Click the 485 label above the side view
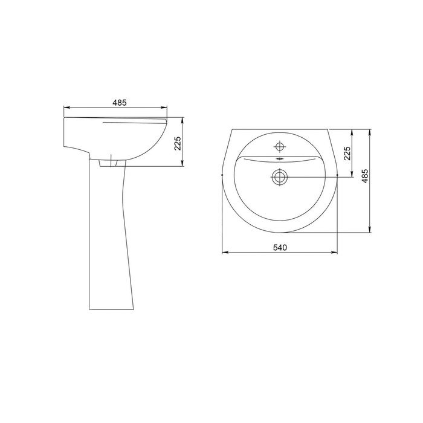(120, 103)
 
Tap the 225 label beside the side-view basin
(178, 144)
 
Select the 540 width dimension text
(280, 247)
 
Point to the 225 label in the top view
(347, 153)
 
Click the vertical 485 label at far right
(365, 176)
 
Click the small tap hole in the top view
(280, 147)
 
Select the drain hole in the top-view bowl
(280, 177)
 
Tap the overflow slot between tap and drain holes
(280, 159)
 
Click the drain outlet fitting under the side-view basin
(108, 163)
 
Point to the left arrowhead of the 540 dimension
(225, 253)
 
